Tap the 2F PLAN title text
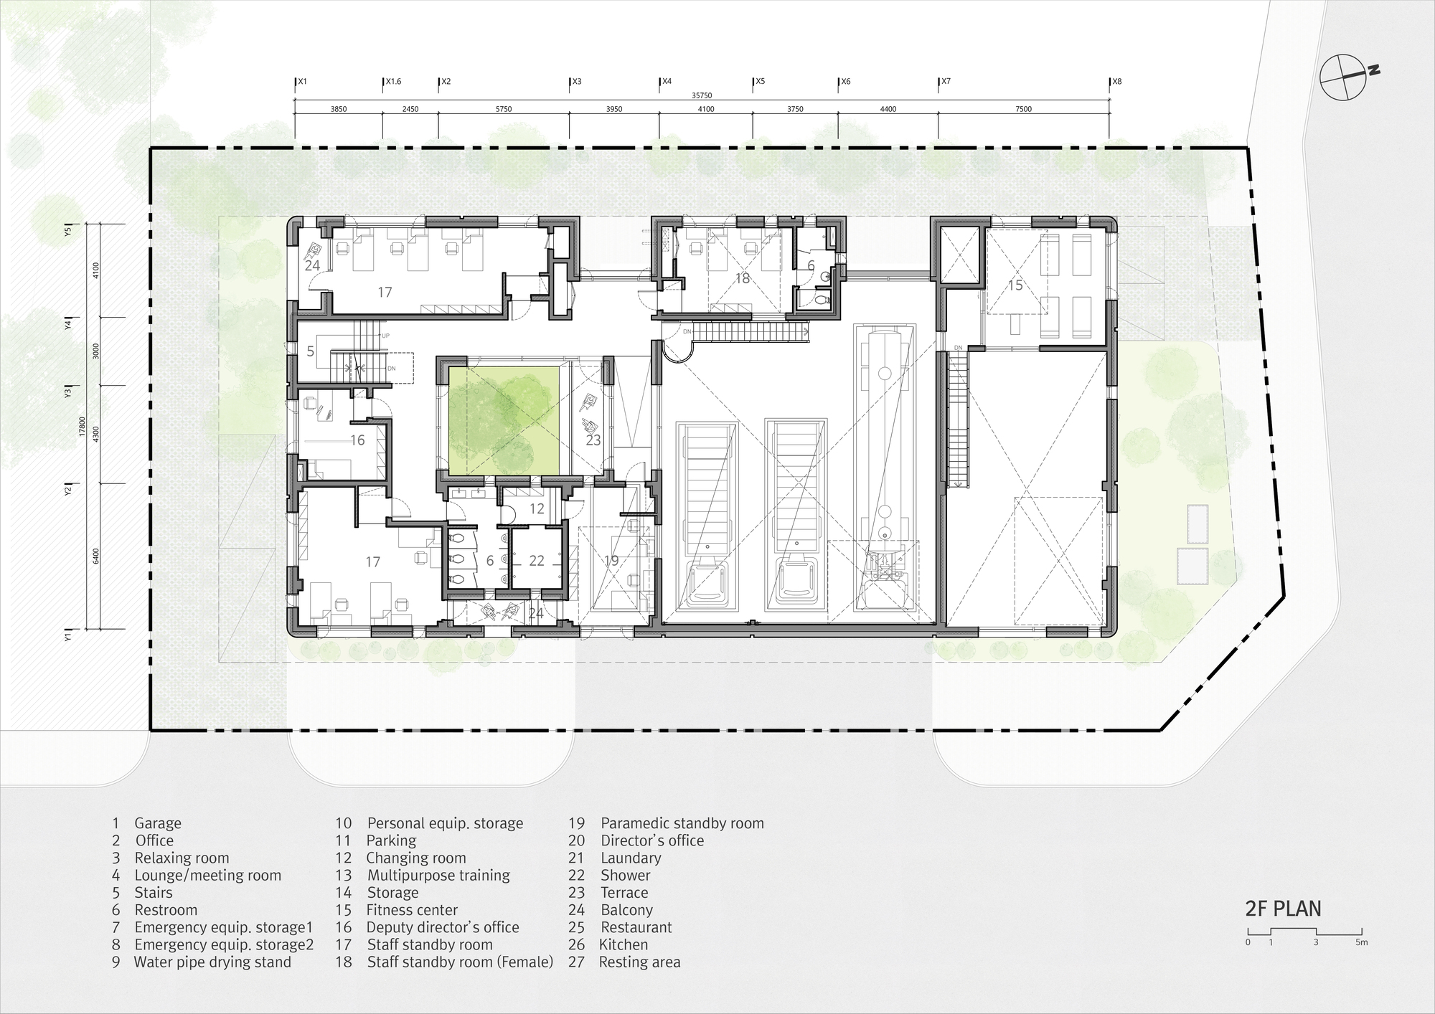pyautogui.click(x=1282, y=909)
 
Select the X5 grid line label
pyautogui.click(x=760, y=82)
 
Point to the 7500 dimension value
pyautogui.click(x=1023, y=110)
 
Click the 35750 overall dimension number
pyautogui.click(x=702, y=95)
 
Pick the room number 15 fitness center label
pyautogui.click(x=1015, y=285)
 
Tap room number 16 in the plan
pyautogui.click(x=357, y=440)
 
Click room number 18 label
pyautogui.click(x=742, y=278)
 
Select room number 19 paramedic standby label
pyautogui.click(x=611, y=561)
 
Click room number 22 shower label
pyautogui.click(x=537, y=561)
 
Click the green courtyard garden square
pyautogui.click(x=504, y=420)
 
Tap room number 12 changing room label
pyautogui.click(x=537, y=509)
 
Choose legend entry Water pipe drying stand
pyautogui.click(x=212, y=962)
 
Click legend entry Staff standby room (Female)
pyautogui.click(x=459, y=962)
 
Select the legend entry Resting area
pyautogui.click(x=639, y=962)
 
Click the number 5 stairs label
pyautogui.click(x=310, y=351)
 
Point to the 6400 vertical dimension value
pyautogui.click(x=96, y=556)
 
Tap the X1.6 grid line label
pyautogui.click(x=393, y=82)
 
